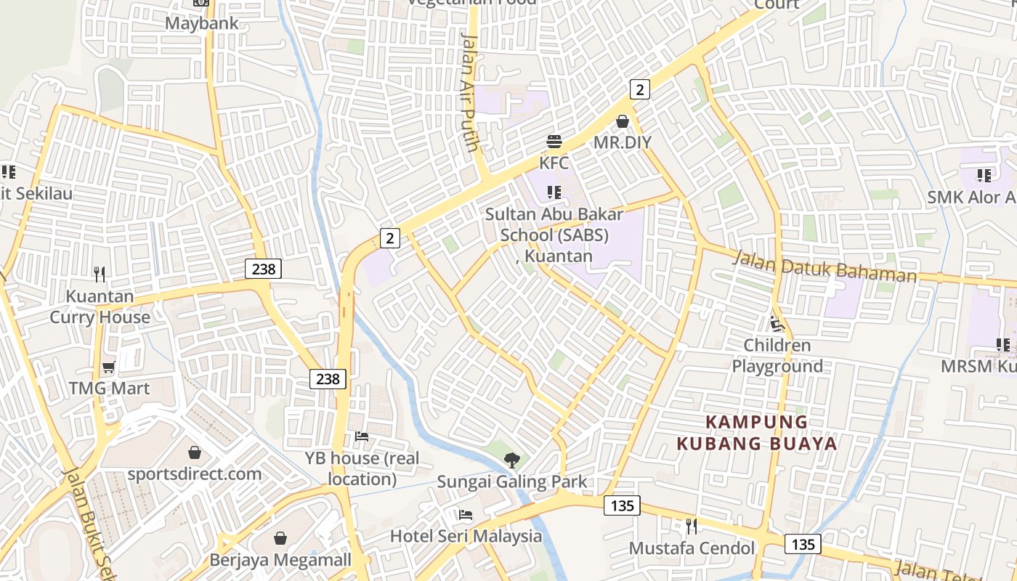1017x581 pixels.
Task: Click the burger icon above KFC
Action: coord(554,141)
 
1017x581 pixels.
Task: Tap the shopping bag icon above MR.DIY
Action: coord(623,121)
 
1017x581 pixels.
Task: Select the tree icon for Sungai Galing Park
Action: coord(512,459)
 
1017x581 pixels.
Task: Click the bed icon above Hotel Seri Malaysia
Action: coord(466,515)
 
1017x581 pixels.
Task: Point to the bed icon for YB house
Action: coord(362,436)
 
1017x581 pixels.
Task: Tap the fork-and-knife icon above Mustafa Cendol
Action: coord(692,525)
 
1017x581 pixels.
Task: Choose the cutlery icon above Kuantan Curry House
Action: coord(100,275)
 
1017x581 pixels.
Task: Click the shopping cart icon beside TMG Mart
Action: coord(109,367)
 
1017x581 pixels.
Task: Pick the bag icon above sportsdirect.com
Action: coord(195,452)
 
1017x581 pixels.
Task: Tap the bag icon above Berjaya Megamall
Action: coord(280,538)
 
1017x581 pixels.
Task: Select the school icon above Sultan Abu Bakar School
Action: coord(554,192)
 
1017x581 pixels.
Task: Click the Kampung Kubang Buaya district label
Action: coord(757,433)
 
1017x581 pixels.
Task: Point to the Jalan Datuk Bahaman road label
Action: coord(824,267)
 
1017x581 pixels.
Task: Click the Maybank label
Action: coord(201,23)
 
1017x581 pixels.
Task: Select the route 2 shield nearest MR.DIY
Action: coord(639,89)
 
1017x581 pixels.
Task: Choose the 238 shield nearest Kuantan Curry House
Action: coord(263,269)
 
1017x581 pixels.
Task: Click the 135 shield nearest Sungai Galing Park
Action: coord(622,505)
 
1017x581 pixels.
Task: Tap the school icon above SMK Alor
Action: coord(984,175)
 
